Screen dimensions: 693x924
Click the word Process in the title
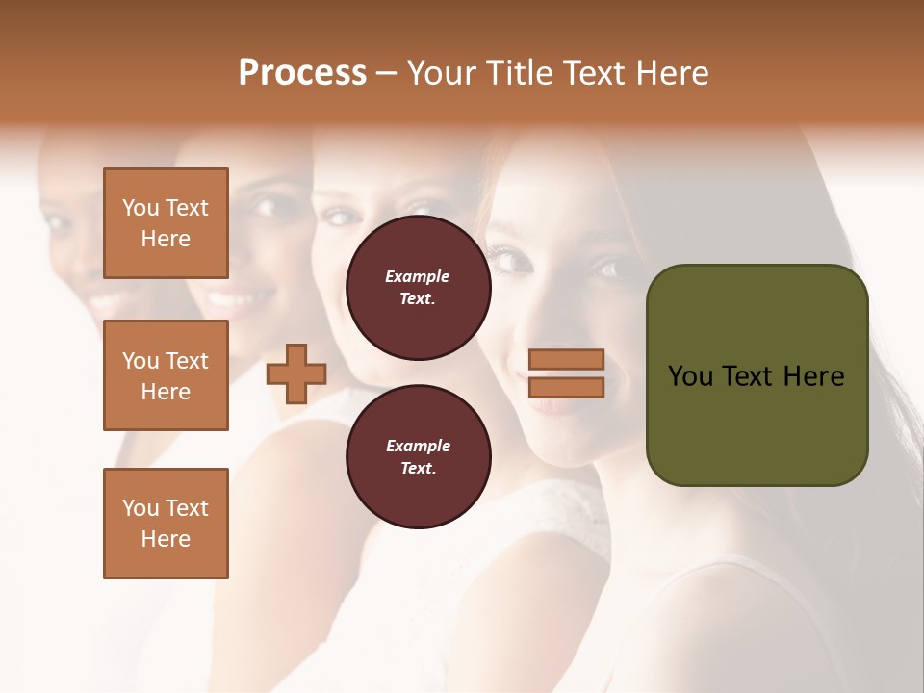click(302, 73)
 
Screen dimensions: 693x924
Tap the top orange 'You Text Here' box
click(166, 223)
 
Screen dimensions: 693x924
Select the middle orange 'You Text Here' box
click(166, 375)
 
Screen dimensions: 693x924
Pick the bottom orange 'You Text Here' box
click(166, 524)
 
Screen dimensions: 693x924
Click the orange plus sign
click(296, 373)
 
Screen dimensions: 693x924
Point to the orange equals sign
click(566, 373)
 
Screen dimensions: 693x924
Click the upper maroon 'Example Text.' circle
click(418, 288)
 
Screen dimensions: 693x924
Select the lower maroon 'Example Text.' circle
click(418, 457)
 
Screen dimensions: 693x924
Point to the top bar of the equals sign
click(566, 360)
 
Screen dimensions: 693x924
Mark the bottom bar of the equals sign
click(566, 387)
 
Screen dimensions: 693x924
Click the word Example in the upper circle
click(418, 277)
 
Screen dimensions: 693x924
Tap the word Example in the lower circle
click(418, 447)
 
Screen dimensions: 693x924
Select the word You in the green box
click(691, 376)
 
